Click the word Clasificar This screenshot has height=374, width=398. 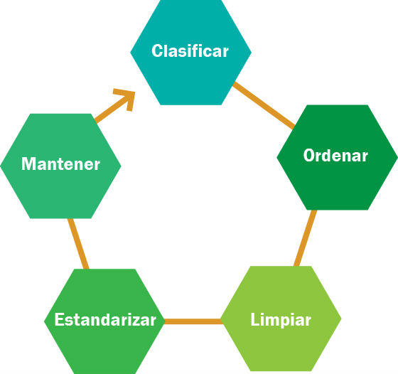coord(190,50)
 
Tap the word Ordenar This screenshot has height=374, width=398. coord(335,155)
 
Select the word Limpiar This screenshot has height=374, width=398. coord(281,320)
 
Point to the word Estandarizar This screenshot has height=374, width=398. coord(105,319)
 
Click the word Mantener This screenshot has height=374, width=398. coord(60,164)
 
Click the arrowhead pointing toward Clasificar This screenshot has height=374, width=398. coord(126,99)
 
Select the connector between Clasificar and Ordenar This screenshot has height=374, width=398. coord(264,105)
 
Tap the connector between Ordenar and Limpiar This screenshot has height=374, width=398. coord(306,238)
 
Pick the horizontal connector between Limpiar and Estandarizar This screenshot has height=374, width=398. coord(193,321)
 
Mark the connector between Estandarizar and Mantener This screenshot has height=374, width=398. coord(78,244)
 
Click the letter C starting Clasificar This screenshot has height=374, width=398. coord(157,50)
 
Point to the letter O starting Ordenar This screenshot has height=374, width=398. coord(310,155)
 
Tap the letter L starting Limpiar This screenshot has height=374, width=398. coord(255,319)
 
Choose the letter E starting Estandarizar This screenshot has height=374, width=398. coord(60,319)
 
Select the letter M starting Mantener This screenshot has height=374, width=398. coord(28,164)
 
